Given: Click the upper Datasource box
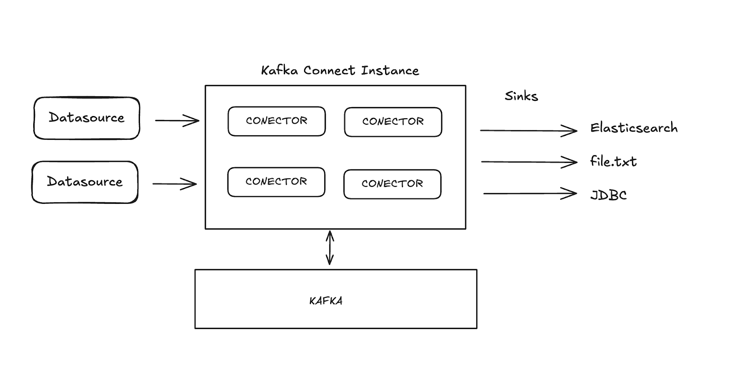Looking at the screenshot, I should (87, 118).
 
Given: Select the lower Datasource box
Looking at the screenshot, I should (85, 182).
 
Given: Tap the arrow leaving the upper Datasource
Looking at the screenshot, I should (177, 121).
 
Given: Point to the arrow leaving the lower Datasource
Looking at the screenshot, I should (175, 184).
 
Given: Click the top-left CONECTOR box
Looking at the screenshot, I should (276, 121).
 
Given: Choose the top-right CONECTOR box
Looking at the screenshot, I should (393, 122).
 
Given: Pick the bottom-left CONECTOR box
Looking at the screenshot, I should (276, 182).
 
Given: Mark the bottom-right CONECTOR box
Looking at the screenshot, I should (392, 184).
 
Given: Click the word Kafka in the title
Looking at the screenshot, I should (279, 70).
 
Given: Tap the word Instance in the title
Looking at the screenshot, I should (390, 70).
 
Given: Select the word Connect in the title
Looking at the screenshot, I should (329, 70).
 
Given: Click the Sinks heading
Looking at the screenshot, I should (521, 96).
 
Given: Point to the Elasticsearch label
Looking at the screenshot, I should (634, 128).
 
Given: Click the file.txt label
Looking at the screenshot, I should (613, 162).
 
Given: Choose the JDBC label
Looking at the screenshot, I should (608, 195).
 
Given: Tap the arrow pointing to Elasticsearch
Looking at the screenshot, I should (528, 131).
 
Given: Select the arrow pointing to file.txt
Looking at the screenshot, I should (529, 162).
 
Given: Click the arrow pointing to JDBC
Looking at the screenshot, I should (530, 194).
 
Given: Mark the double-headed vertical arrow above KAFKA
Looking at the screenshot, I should (330, 248).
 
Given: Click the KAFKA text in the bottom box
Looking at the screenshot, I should (326, 301).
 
